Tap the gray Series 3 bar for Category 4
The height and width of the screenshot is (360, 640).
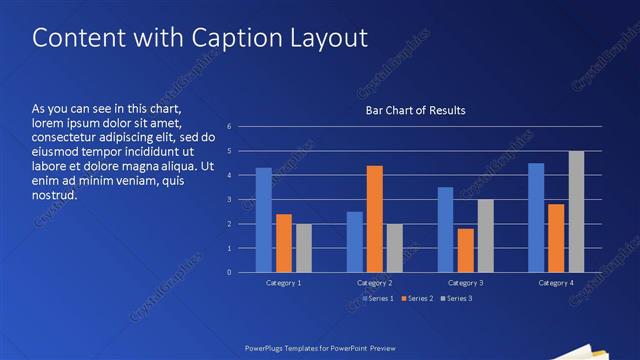tap(576, 212)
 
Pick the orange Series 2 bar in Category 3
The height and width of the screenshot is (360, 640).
tap(466, 250)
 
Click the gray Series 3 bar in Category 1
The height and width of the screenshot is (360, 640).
tap(304, 248)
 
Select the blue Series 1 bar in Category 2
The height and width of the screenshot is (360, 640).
tap(355, 242)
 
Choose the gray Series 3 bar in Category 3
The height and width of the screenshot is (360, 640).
tap(486, 236)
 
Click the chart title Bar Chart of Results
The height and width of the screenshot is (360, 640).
tap(415, 110)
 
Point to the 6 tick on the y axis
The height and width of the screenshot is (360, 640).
tap(229, 127)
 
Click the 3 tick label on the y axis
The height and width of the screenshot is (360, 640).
tap(229, 200)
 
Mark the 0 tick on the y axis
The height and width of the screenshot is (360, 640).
tap(229, 272)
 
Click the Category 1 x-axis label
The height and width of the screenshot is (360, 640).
tap(284, 283)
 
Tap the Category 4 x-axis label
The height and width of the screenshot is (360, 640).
tap(556, 283)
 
